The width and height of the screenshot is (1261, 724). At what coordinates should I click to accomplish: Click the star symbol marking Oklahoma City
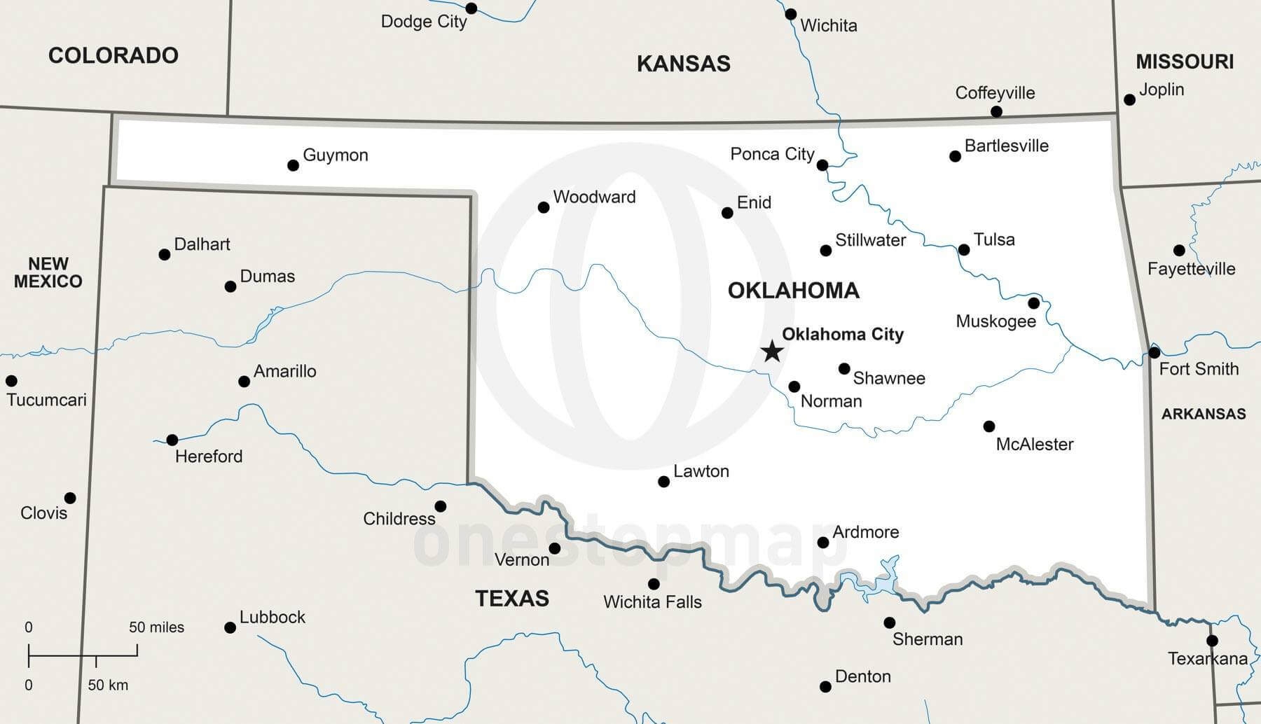(x=772, y=351)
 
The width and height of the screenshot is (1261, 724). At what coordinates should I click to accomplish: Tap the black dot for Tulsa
(x=964, y=250)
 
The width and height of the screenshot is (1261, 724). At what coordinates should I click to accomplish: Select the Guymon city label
(x=335, y=155)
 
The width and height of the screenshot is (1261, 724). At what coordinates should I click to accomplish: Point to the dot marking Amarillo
(x=244, y=382)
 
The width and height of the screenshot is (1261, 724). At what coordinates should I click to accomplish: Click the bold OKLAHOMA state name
(x=793, y=291)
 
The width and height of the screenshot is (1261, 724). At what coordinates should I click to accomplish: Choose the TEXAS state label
(x=512, y=599)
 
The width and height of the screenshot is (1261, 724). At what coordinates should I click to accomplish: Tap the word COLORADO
(x=113, y=55)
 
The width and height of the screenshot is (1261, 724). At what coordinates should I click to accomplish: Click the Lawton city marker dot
(x=663, y=482)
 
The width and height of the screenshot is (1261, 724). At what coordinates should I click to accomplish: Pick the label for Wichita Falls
(x=652, y=602)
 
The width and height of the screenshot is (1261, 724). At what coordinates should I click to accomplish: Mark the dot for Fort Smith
(x=1155, y=352)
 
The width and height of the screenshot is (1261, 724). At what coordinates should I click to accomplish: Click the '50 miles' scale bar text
(x=156, y=627)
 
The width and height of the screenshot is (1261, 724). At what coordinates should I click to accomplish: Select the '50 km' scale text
(x=108, y=685)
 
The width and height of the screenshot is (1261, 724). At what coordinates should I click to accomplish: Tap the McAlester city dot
(x=989, y=426)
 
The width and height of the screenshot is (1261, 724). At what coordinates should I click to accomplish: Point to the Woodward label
(x=594, y=197)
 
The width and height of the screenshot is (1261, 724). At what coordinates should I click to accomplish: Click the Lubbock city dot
(x=230, y=627)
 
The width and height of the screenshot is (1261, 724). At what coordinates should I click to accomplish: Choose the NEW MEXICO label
(x=48, y=272)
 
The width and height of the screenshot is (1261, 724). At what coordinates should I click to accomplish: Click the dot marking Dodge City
(x=471, y=8)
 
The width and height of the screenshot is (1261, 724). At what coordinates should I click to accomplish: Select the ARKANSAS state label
(x=1204, y=414)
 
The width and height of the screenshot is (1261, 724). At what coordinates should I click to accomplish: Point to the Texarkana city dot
(x=1212, y=641)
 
